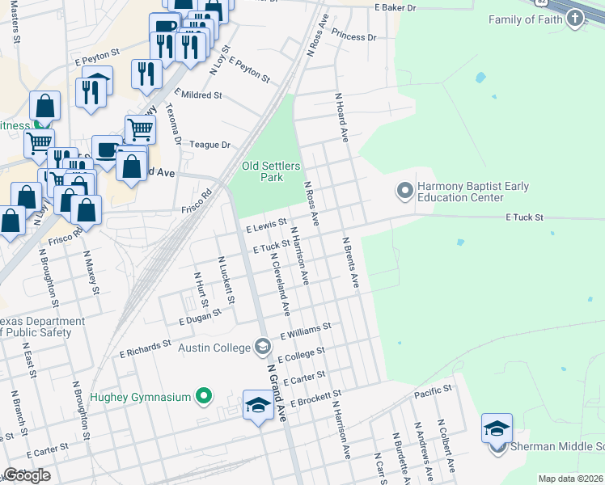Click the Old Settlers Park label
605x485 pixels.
tap(271, 171)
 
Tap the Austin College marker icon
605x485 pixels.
tap(262, 348)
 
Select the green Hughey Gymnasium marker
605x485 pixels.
tap(204, 397)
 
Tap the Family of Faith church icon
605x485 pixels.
tap(574, 19)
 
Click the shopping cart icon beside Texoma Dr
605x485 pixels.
tap(140, 128)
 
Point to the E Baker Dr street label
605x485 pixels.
tap(395, 7)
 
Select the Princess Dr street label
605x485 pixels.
tap(354, 37)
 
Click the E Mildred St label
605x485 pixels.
tap(197, 95)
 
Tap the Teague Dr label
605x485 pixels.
tap(210, 145)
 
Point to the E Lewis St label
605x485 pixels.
tap(266, 226)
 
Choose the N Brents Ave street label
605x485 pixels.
tap(349, 263)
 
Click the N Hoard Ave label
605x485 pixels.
tap(341, 117)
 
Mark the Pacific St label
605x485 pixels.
tap(433, 391)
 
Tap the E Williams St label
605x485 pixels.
tap(306, 331)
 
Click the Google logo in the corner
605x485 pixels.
tap(27, 475)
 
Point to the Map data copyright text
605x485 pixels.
tap(569, 479)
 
